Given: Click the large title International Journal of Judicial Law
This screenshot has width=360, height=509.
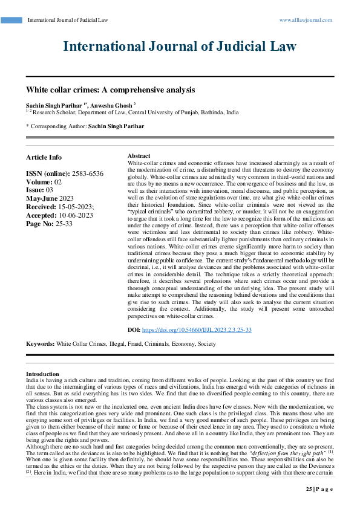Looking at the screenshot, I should [x=180, y=47].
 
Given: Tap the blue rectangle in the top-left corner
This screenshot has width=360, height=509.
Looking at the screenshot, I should [x=11, y=20].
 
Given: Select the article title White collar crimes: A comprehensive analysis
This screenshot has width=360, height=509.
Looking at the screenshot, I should [x=110, y=89].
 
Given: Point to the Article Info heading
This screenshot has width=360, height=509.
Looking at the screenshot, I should [x=44, y=157].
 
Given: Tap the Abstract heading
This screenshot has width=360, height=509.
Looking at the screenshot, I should [x=140, y=156].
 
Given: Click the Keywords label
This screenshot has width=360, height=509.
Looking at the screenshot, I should [x=40, y=343].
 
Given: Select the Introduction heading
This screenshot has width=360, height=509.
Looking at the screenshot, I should [x=43, y=374].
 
